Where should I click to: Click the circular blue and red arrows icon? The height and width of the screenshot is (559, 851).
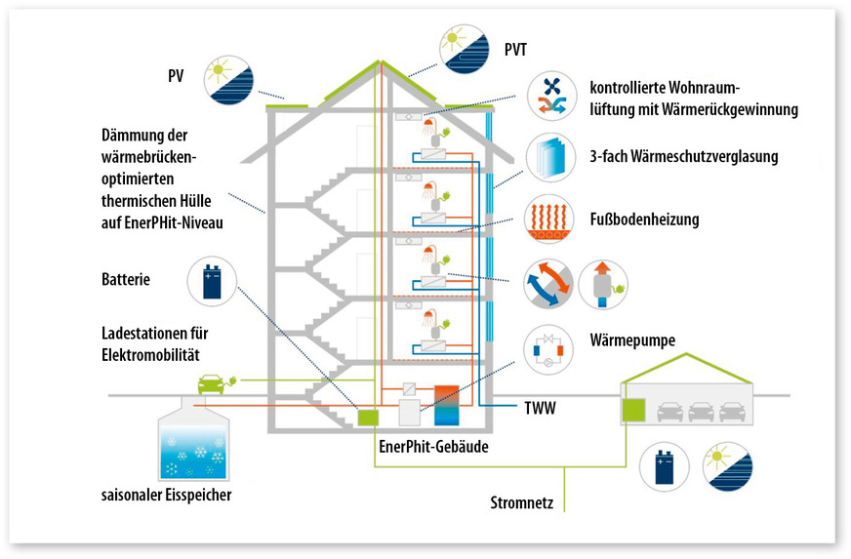point(547,284)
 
